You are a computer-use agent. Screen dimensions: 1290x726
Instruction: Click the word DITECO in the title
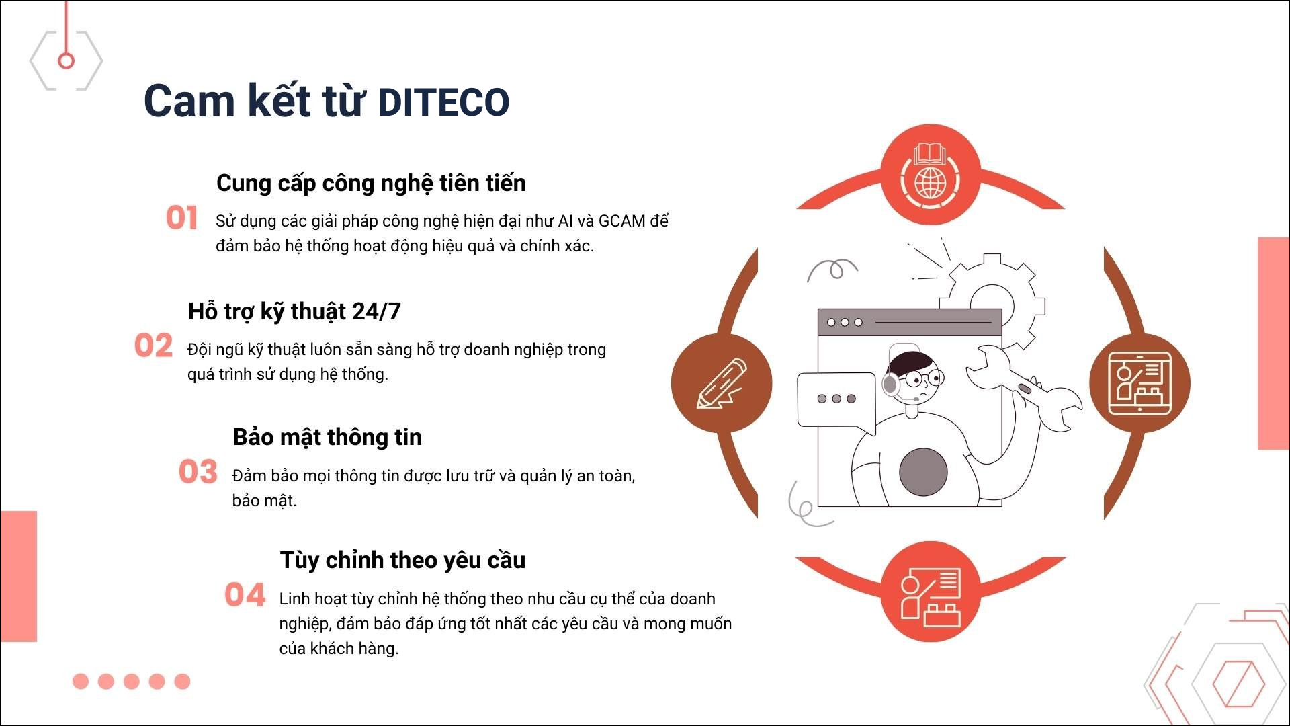[444, 102]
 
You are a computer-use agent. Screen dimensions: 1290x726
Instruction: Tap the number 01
[181, 218]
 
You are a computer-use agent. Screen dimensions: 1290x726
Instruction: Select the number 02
[153, 346]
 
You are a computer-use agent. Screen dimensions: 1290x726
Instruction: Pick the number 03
[198, 472]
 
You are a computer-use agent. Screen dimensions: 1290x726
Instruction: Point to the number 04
[245, 595]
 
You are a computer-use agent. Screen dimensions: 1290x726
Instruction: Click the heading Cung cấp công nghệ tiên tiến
[371, 184]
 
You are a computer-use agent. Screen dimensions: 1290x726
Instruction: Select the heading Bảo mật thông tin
[327, 437]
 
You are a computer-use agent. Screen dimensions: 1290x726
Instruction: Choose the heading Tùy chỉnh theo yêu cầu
[402, 560]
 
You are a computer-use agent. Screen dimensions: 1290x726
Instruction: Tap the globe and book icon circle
[931, 175]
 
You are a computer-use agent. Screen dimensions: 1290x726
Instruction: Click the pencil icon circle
[722, 383]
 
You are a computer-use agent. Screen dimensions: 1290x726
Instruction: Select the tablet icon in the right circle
[1139, 383]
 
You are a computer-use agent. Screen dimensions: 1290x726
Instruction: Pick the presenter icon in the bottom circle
[931, 596]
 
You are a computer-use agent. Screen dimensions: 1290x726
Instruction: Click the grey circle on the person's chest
[923, 473]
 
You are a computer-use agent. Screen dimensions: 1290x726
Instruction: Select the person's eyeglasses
[925, 378]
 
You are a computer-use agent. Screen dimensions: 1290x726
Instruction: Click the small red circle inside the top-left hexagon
[66, 61]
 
